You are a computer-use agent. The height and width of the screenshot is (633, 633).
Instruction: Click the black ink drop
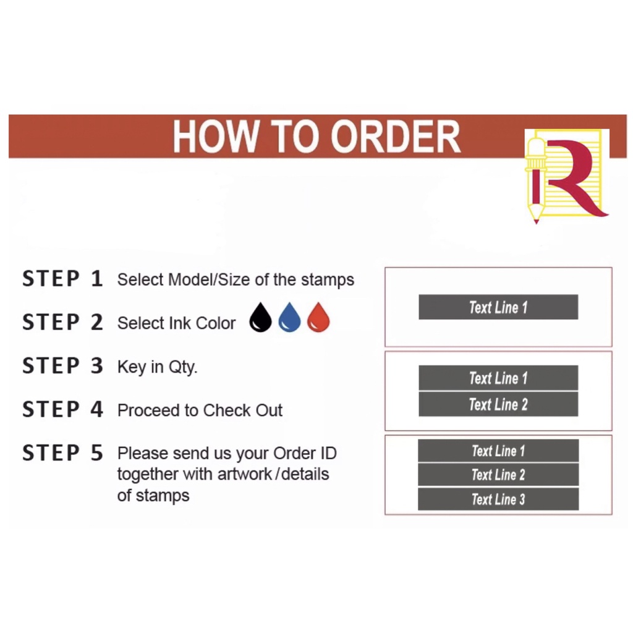pyautogui.click(x=260, y=318)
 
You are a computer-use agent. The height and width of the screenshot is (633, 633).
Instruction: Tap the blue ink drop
pyautogui.click(x=289, y=318)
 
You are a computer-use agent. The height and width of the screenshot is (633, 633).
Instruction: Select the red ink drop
pyautogui.click(x=318, y=318)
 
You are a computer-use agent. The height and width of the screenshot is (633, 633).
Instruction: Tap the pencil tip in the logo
pyautogui.click(x=535, y=218)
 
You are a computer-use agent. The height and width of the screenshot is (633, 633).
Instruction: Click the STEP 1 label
pyautogui.click(x=62, y=279)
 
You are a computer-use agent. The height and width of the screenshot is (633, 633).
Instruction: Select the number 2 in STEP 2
pyautogui.click(x=96, y=323)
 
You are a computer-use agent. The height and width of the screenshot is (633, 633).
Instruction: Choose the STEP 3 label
pyautogui.click(x=62, y=366)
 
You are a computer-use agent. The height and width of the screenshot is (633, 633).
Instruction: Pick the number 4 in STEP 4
pyautogui.click(x=96, y=409)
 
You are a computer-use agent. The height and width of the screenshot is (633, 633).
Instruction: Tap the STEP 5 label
pyautogui.click(x=62, y=453)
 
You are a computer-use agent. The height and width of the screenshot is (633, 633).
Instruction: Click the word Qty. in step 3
pyautogui.click(x=183, y=367)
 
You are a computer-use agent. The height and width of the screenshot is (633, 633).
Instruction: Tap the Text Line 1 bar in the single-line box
pyautogui.click(x=498, y=307)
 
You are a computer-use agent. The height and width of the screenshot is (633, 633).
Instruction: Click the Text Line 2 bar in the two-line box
pyautogui.click(x=498, y=405)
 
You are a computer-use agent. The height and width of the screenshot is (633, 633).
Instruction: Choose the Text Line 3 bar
pyautogui.click(x=498, y=499)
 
